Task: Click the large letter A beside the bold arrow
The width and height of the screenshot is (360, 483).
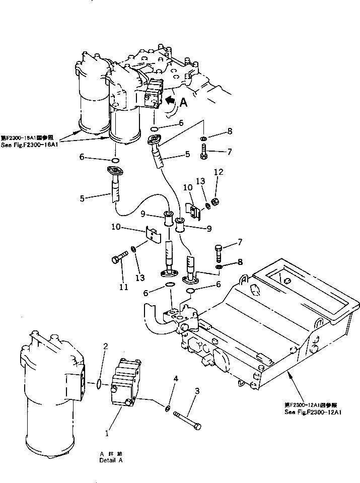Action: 184,103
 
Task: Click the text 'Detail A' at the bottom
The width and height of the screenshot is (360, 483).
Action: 110,459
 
